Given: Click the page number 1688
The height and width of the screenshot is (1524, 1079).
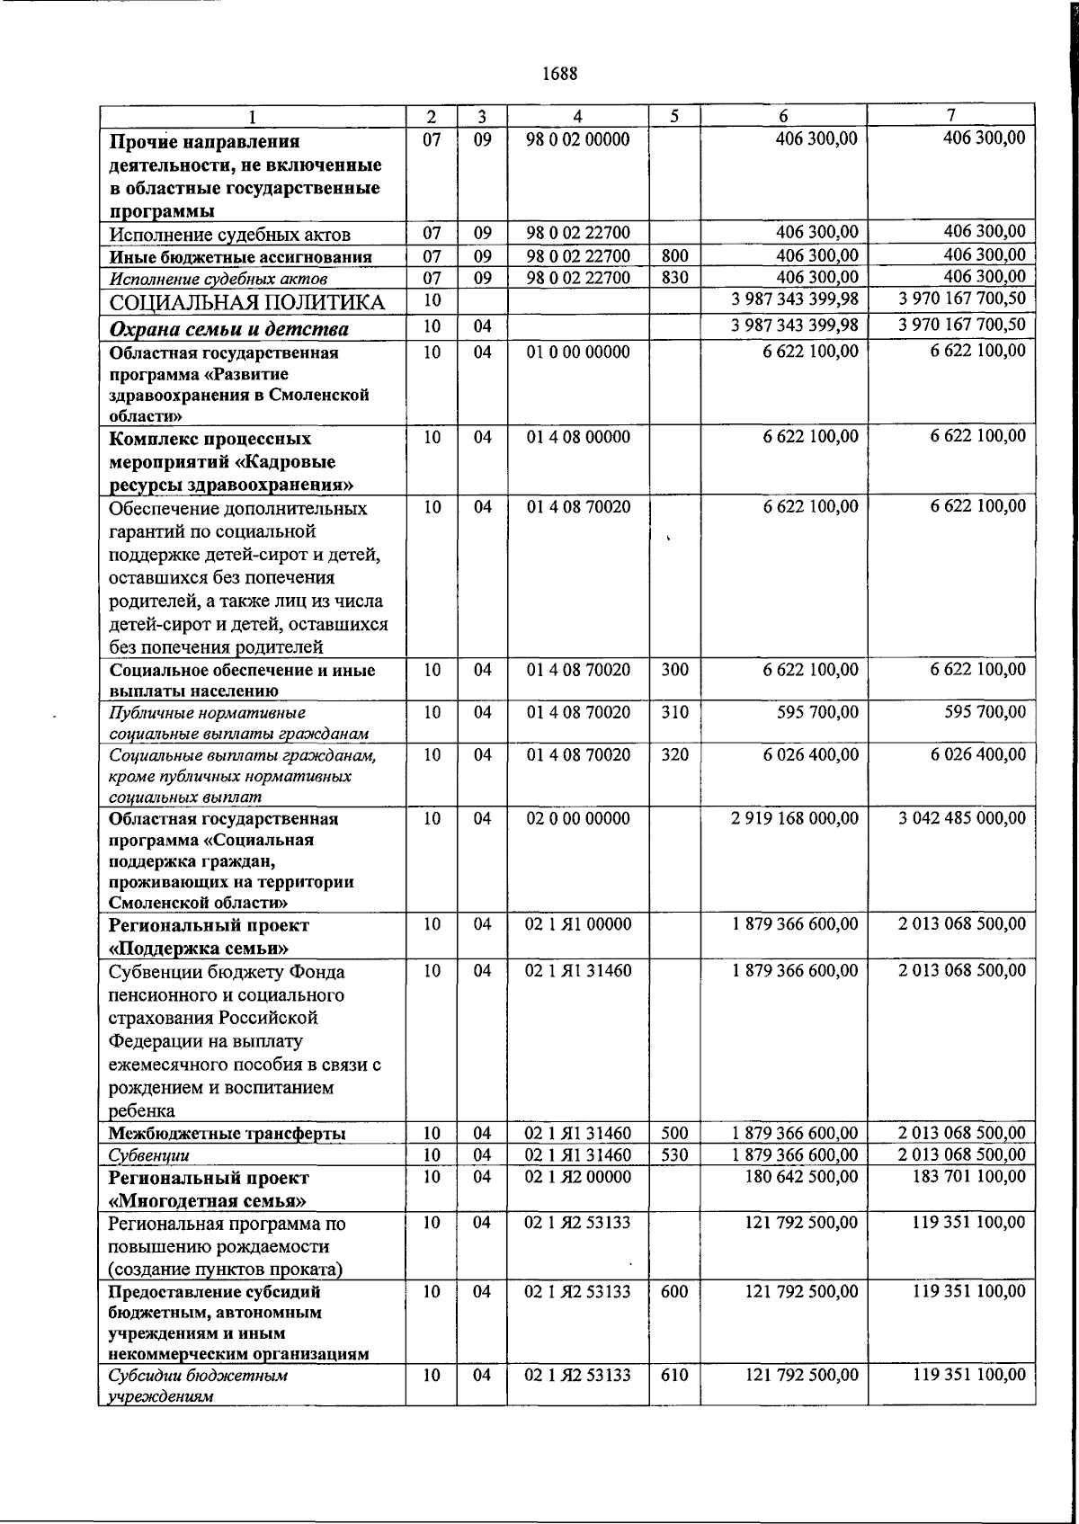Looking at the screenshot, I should click(559, 74).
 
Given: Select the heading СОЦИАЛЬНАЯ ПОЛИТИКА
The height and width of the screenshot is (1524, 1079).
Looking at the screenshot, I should click(246, 303).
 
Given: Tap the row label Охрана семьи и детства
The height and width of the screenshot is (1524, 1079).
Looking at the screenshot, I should click(229, 329).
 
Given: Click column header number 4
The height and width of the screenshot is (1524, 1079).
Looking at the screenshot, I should click(577, 116).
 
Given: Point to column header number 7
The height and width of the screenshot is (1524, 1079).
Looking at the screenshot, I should click(951, 116).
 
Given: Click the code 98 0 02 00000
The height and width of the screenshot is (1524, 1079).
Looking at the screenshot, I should click(577, 138).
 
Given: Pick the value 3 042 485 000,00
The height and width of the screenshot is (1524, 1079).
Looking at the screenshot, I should click(961, 818).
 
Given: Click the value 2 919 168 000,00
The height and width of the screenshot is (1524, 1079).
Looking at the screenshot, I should click(795, 818).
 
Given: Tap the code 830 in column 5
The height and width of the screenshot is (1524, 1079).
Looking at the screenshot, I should click(674, 278).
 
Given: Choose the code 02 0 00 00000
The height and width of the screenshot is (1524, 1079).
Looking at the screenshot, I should click(577, 818).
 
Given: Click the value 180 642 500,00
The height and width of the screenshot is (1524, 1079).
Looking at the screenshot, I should click(802, 1177).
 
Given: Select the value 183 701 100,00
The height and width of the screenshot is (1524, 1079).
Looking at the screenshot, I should click(968, 1177).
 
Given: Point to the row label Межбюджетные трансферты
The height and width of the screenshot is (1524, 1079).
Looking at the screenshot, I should click(227, 1134).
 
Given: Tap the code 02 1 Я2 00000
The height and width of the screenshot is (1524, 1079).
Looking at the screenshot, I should click(577, 1177).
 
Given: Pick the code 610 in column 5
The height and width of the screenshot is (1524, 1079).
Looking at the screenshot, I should click(674, 1375).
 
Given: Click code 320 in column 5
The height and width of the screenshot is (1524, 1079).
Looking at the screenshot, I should click(674, 754).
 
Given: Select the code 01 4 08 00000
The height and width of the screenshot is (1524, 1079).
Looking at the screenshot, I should click(577, 437).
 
